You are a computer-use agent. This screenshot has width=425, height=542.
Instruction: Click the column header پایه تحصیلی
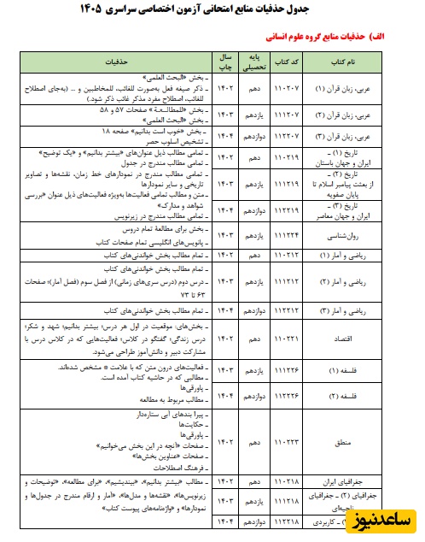coord(253,62)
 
